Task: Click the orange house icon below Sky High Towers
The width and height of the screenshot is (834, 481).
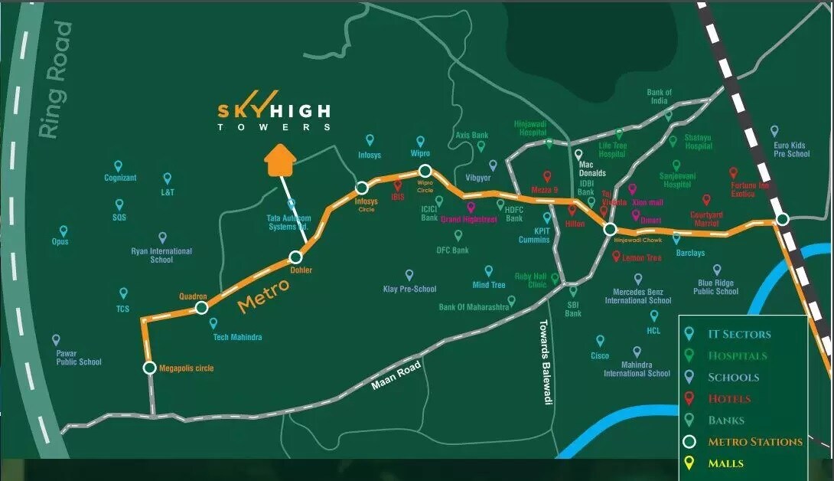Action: point(280,161)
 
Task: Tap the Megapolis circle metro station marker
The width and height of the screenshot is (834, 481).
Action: point(149,368)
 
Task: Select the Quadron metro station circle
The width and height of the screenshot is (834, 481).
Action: point(201,308)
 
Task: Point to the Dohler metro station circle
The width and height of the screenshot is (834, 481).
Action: point(295,258)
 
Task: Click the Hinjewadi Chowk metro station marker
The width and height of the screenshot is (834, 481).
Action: point(610,229)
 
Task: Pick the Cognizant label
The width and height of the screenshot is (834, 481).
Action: point(120,178)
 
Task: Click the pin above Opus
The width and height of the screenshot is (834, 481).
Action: point(64,231)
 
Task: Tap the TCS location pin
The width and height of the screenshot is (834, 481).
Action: point(123,293)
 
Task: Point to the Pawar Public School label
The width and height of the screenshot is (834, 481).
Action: point(78,358)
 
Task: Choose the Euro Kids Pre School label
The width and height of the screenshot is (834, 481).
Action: point(791,149)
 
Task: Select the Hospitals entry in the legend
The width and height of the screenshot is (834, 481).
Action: point(737,355)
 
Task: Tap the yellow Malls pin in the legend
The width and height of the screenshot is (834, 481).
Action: point(689,463)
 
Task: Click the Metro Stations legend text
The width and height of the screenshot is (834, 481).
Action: point(754,442)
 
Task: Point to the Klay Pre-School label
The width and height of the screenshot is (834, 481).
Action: point(409,290)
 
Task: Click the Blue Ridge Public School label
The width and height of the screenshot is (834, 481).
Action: point(715,286)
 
